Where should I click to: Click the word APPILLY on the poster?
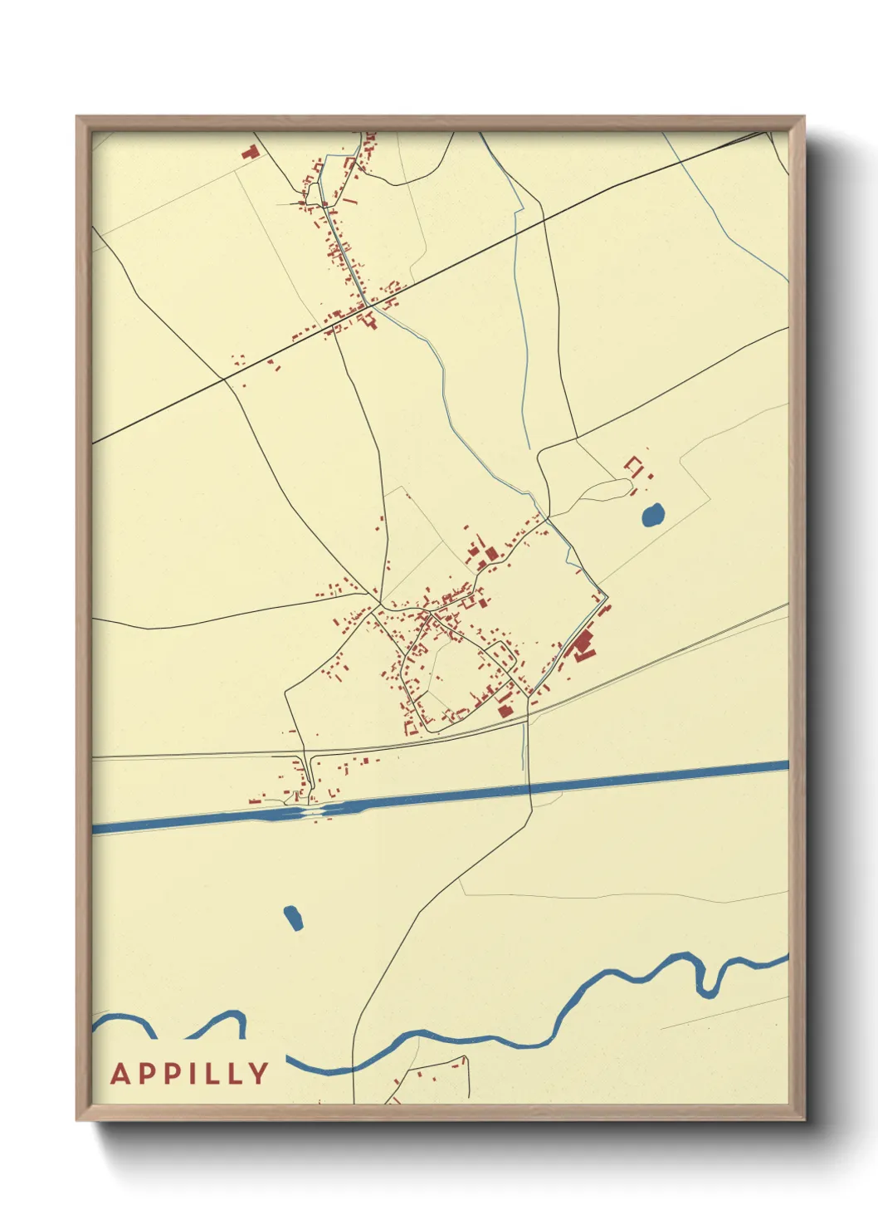click(x=190, y=1073)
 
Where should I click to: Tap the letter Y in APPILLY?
click(x=259, y=1073)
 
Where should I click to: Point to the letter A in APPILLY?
click(x=120, y=1073)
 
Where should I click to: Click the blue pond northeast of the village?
click(x=653, y=516)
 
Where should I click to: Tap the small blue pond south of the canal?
click(x=293, y=917)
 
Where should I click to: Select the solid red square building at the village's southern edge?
click(x=503, y=710)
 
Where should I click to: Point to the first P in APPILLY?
click(x=144, y=1073)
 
